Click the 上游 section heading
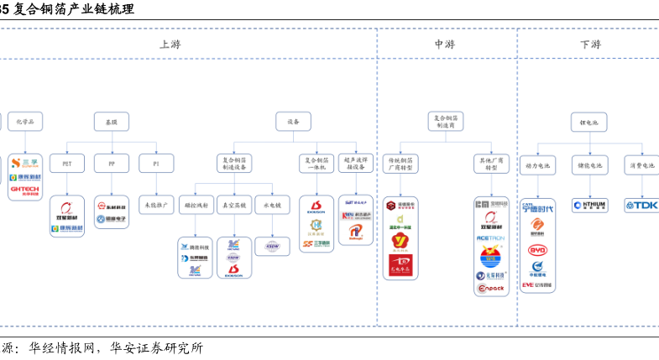point(170,44)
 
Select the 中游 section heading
point(445,44)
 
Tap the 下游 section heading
point(589,44)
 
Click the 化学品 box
point(25,122)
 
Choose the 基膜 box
point(111,122)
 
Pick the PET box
point(66,163)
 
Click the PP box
point(111,163)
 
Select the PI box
point(154,163)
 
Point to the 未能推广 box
point(155,204)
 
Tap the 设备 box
point(293,122)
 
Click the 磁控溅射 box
point(195,204)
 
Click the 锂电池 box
point(588,122)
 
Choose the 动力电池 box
point(538,165)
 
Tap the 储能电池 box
point(588,165)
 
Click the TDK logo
point(642,206)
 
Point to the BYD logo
point(537,249)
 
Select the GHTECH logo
point(24,190)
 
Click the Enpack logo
point(490,287)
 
